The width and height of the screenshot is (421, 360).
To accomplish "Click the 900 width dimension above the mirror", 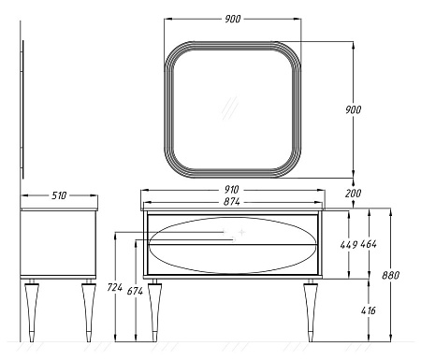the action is coord(233,19).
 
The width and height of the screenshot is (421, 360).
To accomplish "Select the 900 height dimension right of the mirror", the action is coord(354,109).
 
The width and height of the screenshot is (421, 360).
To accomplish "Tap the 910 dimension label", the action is coord(231,190).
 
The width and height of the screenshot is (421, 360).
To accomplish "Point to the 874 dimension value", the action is coord(232,202).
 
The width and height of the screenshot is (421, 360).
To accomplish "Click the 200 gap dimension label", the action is coord(354,194).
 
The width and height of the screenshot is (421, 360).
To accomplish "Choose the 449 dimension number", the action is coord(349,245).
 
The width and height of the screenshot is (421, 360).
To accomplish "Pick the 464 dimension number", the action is coord(369,244).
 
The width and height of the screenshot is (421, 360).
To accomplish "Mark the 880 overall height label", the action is coord(391,275).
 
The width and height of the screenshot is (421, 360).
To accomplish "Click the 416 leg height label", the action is coord(369,310).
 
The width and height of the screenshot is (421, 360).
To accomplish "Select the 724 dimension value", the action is coord(115,287).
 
